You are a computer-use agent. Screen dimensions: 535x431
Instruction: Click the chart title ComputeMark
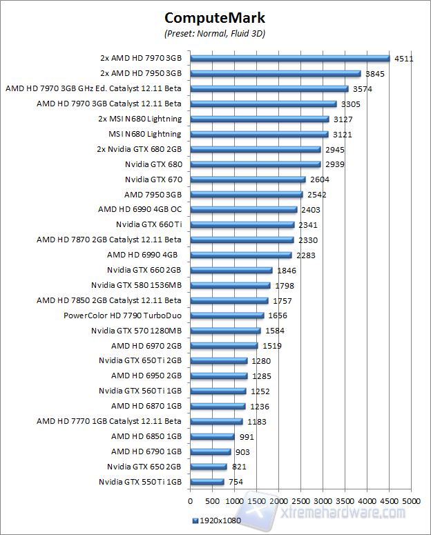tap(215, 18)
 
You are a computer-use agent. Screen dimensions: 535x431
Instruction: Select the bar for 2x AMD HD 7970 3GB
tap(289, 59)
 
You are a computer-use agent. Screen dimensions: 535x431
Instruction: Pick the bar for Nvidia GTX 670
tap(247, 179)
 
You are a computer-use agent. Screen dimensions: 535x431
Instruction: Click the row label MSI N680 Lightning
tap(145, 134)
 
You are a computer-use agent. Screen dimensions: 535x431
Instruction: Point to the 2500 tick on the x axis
tap(300, 499)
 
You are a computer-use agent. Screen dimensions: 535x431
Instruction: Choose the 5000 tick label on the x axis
tap(412, 499)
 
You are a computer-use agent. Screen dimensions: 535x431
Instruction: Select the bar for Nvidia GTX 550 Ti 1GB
tap(207, 482)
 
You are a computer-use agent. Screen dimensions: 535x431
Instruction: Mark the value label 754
tap(236, 483)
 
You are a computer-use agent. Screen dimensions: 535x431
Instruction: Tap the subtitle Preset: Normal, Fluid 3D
tap(215, 33)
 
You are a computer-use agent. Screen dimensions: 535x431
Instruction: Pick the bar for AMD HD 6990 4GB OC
tap(243, 210)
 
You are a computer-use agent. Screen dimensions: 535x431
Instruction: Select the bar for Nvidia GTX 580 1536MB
tap(230, 285)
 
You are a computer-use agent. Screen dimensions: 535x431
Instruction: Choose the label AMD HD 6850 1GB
tap(146, 436)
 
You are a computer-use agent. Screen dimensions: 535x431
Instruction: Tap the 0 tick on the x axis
tap(190, 499)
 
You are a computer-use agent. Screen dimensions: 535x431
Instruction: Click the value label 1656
tap(277, 315)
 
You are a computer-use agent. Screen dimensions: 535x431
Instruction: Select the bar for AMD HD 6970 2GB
tap(224, 346)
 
